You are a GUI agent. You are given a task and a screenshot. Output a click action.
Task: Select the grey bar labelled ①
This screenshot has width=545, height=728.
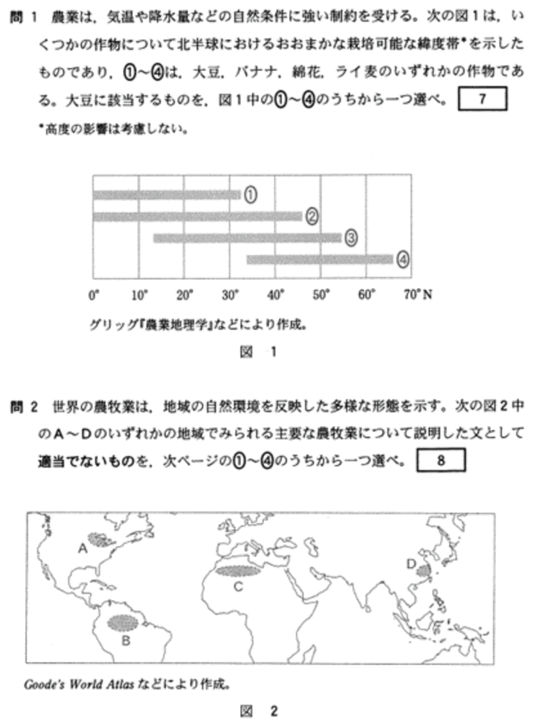pos(167,194)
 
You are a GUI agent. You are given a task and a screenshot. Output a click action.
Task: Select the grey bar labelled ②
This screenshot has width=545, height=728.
pos(198,216)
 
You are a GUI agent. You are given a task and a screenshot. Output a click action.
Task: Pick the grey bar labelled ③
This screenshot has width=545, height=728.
pos(247,238)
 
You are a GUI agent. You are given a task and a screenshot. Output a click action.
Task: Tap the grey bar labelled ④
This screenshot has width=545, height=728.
pos(319,259)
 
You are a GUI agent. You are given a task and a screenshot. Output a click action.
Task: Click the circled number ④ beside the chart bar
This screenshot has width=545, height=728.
pos(403,259)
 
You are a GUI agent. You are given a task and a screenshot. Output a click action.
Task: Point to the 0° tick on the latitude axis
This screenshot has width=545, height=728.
pos(94,294)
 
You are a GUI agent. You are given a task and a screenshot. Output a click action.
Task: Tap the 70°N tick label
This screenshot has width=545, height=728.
pos(416,294)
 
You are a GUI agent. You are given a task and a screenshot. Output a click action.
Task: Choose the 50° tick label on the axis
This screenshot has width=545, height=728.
pos(321,294)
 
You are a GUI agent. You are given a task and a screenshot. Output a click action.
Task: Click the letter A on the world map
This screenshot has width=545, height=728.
pos(82,548)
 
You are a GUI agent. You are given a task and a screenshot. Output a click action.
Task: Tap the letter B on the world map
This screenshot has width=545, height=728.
pos(125,640)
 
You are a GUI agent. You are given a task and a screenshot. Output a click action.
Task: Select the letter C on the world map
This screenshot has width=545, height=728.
pos(238,586)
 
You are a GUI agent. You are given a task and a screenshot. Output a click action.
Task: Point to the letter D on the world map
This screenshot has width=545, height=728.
pos(411,564)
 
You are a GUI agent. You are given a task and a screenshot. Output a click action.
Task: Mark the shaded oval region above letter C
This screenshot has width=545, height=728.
pos(238,569)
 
